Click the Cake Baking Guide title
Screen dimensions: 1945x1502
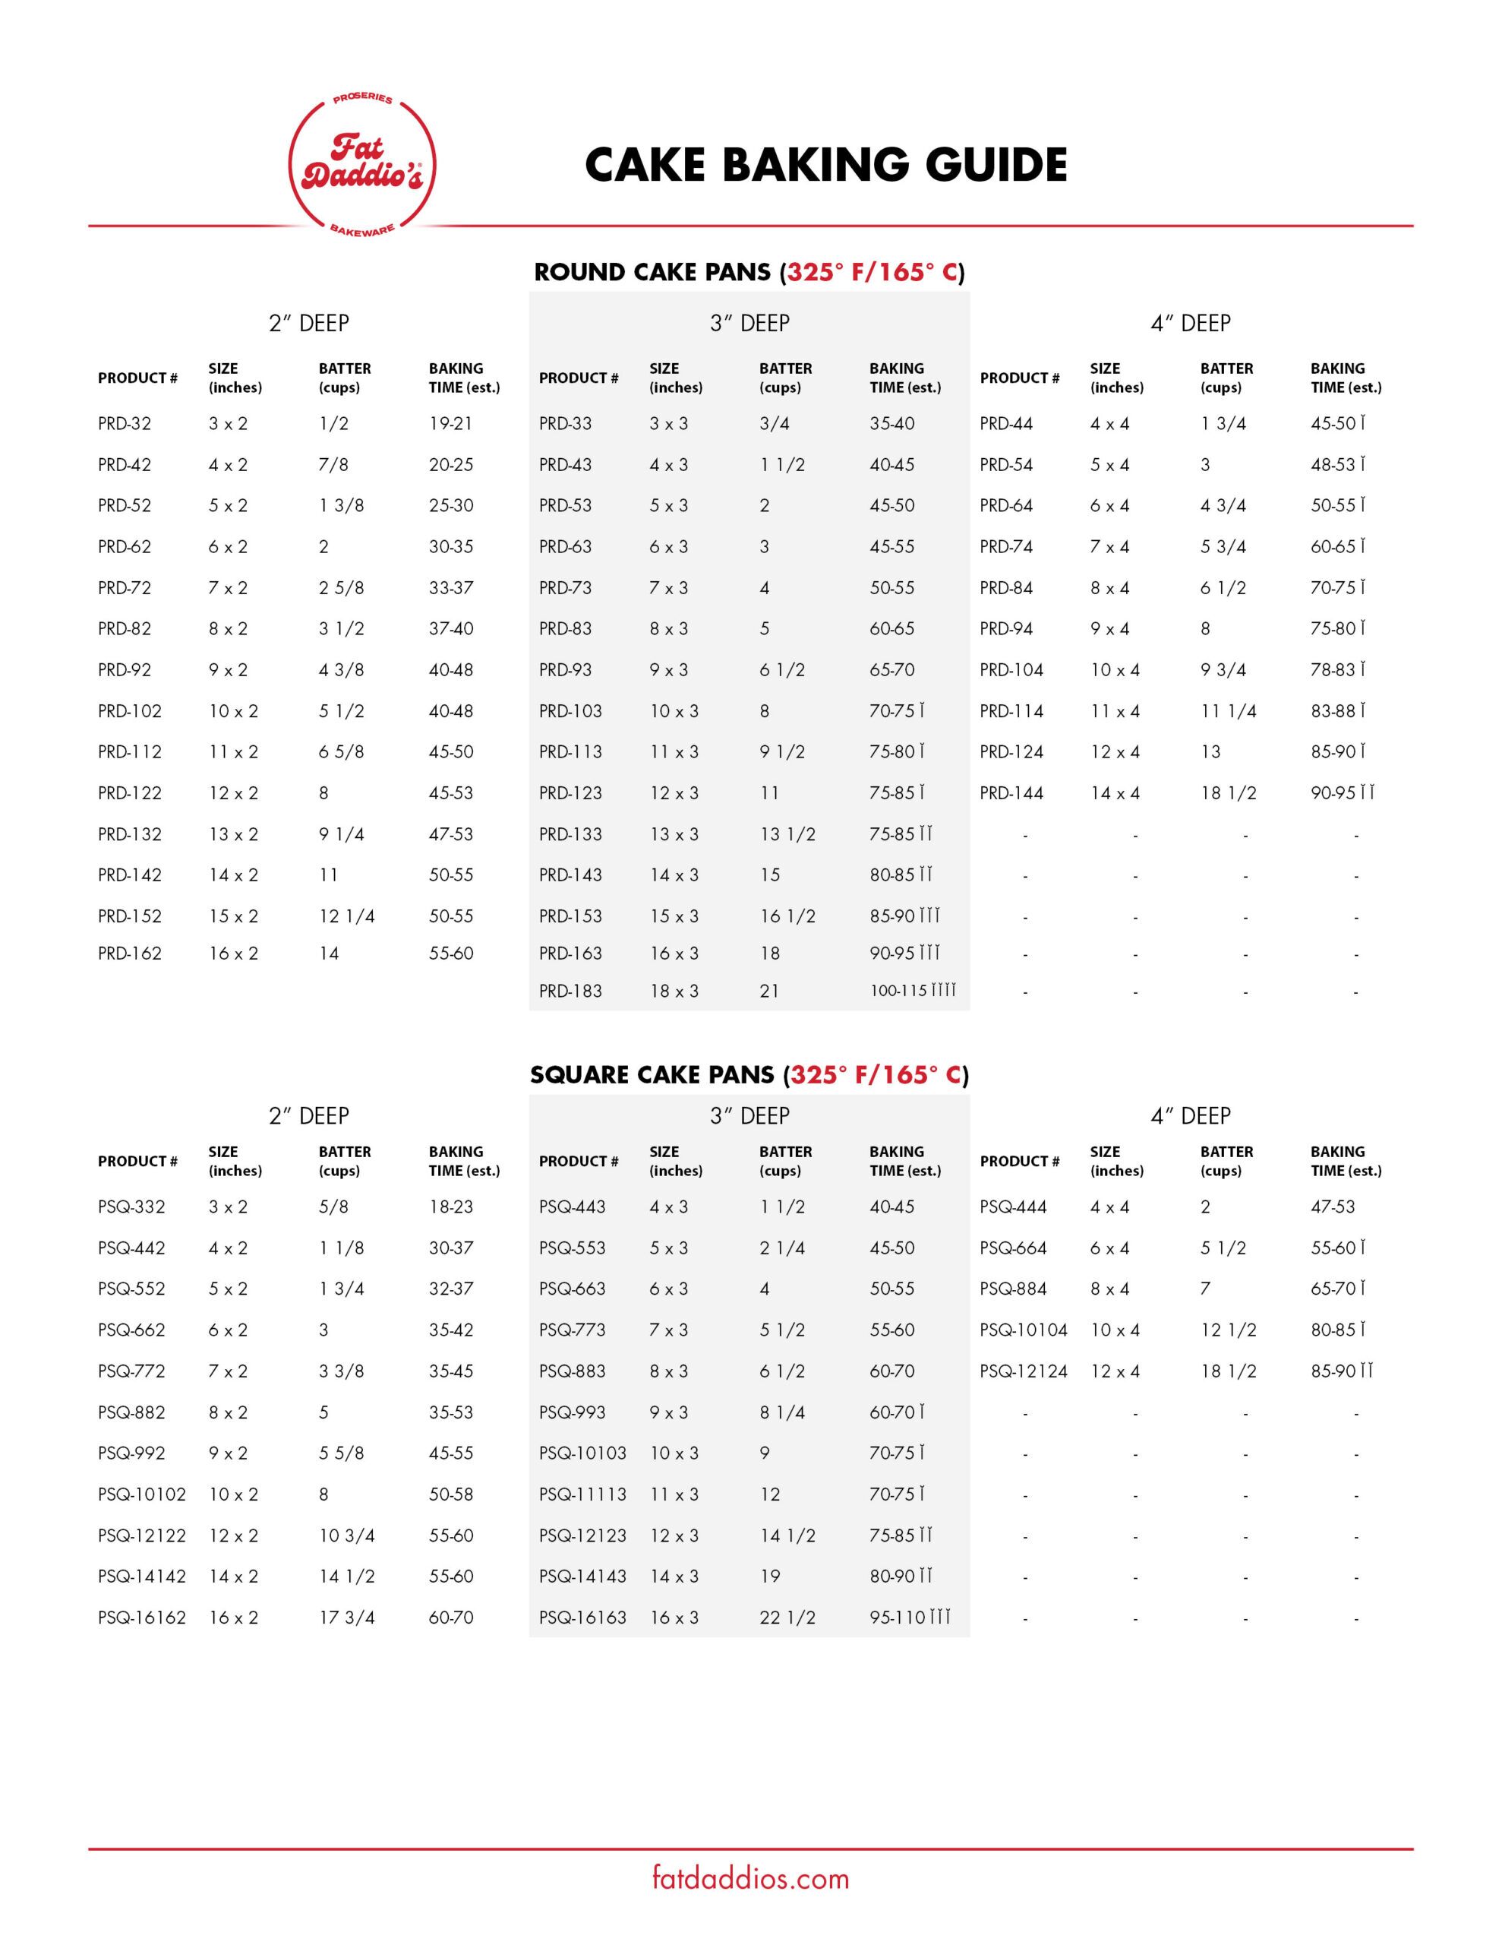825,166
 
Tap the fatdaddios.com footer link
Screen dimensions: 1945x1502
750,1878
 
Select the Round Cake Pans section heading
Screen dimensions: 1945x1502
749,272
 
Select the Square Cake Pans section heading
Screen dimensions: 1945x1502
749,1074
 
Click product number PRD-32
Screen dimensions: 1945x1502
125,424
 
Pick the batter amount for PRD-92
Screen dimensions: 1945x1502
341,669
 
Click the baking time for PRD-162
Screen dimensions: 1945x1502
450,953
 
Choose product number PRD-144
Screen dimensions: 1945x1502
1011,792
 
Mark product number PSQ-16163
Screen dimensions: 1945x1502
582,1618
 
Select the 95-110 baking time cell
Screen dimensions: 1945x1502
909,1618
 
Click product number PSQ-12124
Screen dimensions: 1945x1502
1023,1371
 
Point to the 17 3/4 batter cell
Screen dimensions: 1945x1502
346,1618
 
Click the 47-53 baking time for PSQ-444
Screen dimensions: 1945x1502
1332,1207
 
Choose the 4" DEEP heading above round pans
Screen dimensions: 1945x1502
1191,323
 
